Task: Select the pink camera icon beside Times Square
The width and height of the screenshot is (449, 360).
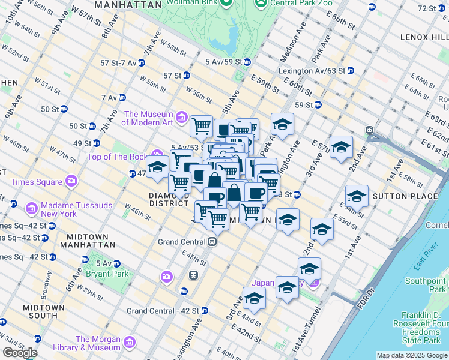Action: (x=72, y=180)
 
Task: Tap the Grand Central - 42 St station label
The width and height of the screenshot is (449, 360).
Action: (x=162, y=311)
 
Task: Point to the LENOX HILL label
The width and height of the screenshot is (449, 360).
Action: (x=424, y=37)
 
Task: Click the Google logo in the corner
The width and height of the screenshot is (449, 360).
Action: (x=20, y=353)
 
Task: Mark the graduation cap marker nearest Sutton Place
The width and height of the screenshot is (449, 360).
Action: (x=357, y=196)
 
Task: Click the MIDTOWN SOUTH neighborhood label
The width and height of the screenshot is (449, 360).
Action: (x=43, y=311)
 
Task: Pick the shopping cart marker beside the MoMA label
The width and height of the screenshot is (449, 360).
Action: (x=201, y=126)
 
